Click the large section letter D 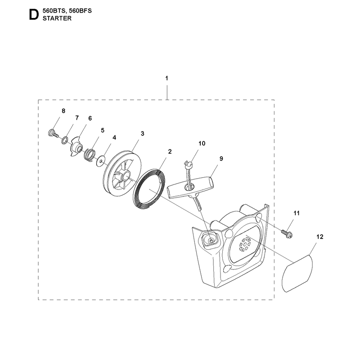tap(34, 15)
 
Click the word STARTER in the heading tap(57, 18)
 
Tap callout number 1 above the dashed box tap(166, 78)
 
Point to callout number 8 tap(63, 111)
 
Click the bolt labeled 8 tap(53, 133)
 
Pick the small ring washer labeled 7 tap(64, 140)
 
